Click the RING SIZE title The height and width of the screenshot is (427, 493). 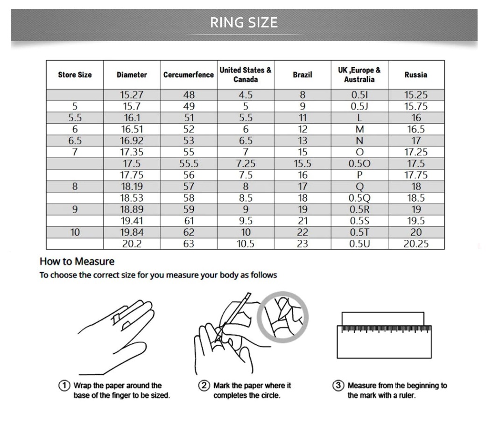[244, 22]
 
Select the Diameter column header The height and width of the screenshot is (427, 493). [132, 75]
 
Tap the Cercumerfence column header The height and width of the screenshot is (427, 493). [189, 75]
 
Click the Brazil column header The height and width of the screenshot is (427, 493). [303, 75]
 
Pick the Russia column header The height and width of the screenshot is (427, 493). [416, 75]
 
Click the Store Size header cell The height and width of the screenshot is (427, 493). [75, 75]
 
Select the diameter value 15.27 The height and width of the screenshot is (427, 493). [132, 95]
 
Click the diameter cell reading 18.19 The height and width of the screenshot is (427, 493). [132, 187]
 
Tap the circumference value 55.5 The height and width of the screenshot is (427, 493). [189, 164]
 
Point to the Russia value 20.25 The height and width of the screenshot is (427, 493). [416, 244]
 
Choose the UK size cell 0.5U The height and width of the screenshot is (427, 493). [359, 244]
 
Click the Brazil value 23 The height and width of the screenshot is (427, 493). [303, 244]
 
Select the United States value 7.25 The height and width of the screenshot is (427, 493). [246, 164]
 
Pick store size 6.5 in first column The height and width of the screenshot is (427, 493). [75, 140]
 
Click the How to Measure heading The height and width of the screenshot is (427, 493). [77, 261]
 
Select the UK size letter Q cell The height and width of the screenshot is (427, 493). [359, 187]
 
